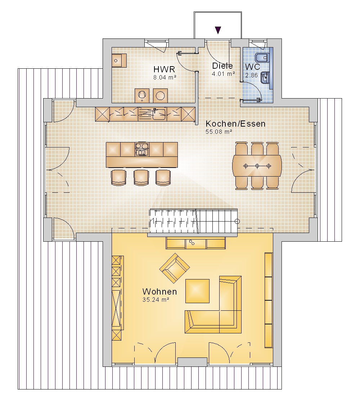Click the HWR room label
click(164, 69)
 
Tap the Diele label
click(222, 66)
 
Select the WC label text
click(252, 67)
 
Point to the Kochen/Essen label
click(235, 124)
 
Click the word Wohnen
click(159, 292)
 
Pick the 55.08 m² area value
click(219, 132)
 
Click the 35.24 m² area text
click(156, 300)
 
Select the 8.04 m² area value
click(165, 77)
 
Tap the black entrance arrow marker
click(218, 30)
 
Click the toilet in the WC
click(262, 58)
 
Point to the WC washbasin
click(265, 77)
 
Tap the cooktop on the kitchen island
click(141, 149)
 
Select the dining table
click(257, 166)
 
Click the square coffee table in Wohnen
click(197, 291)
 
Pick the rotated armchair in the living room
click(175, 268)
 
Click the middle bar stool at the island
click(141, 177)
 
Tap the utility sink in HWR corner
click(119, 61)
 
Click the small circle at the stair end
click(237, 222)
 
